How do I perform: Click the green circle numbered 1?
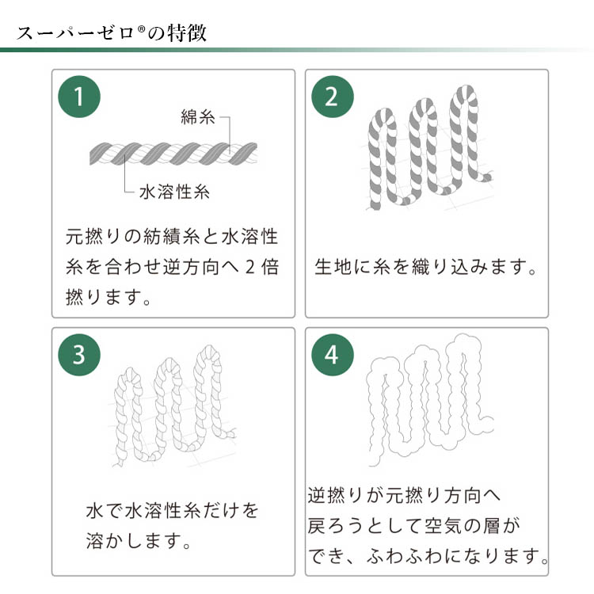[x=79, y=97]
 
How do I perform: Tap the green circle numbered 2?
[x=332, y=97]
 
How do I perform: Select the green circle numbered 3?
[x=79, y=355]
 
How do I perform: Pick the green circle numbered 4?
[x=332, y=355]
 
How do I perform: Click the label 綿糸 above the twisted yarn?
[x=198, y=117]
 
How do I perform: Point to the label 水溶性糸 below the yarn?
[x=174, y=192]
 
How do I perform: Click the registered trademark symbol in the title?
[x=141, y=29]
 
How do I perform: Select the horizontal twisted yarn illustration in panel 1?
[x=173, y=154]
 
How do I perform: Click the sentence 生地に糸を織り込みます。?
[x=426, y=267]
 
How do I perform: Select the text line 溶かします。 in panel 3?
[x=139, y=541]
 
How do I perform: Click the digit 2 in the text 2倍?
[x=249, y=267]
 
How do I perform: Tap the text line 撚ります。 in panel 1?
[x=109, y=297]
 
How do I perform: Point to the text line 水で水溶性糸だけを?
[x=173, y=510]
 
